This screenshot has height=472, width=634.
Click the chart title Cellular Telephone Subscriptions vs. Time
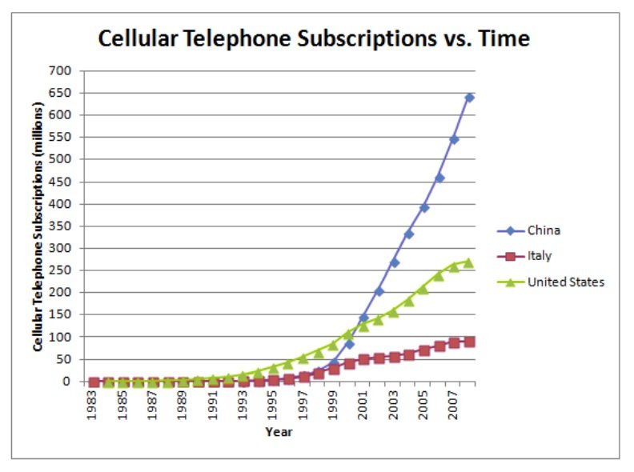[313, 38]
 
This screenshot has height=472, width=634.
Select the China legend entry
[544, 230]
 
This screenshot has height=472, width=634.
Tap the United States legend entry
[565, 282]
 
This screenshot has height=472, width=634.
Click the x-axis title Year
[279, 432]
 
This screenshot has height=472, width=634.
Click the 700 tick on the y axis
[62, 70]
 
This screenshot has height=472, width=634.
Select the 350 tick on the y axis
[62, 226]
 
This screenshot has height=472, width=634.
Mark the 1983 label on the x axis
[94, 405]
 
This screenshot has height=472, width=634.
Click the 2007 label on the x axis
[454, 405]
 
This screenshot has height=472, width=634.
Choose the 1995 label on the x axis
[274, 405]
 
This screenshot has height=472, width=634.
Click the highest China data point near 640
[469, 98]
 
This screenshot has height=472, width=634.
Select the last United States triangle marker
[469, 262]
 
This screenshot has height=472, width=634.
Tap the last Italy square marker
[469, 342]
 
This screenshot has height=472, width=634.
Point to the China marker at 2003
[394, 262]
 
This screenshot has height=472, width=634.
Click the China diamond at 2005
[424, 207]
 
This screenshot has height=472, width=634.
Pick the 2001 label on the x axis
[364, 405]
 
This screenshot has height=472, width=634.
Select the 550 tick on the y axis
[62, 137]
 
